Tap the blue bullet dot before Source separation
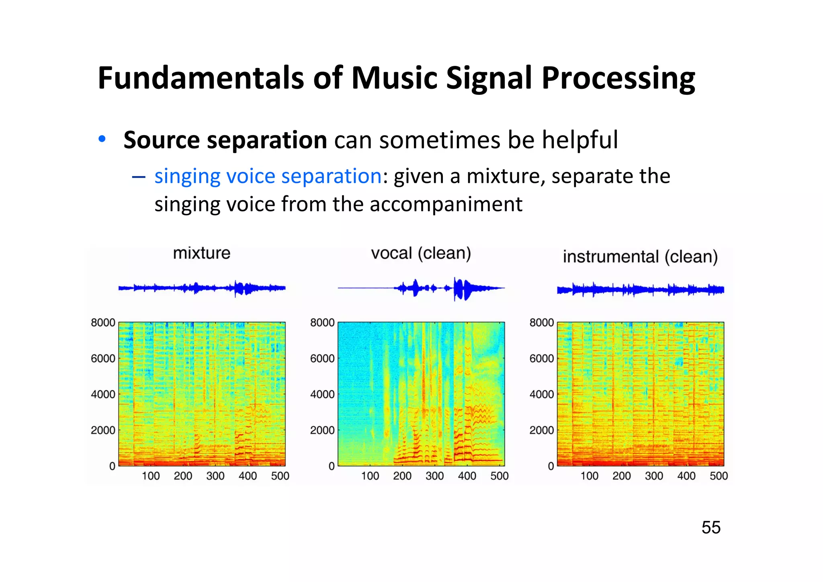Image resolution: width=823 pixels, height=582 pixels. tap(102, 139)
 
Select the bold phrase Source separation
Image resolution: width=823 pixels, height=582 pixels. tap(225, 140)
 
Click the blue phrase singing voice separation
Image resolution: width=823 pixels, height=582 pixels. tap(268, 176)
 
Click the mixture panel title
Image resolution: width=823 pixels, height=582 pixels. tap(201, 253)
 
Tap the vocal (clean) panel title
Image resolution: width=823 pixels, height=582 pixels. tap(421, 253)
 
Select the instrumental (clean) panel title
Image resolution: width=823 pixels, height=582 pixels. tap(640, 256)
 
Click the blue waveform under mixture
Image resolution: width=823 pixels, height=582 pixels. tap(202, 288)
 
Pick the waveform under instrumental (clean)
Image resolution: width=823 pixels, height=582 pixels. tap(640, 289)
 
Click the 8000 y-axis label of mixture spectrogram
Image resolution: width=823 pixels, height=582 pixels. tap(103, 323)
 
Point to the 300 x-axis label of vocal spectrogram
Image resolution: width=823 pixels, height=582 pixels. tap(434, 476)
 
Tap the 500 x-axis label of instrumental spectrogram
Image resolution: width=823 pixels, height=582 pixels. tap(719, 476)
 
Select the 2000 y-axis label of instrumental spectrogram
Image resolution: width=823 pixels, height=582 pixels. tap(541, 430)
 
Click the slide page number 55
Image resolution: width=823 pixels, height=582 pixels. tap(711, 527)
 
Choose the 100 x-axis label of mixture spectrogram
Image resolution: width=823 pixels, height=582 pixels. tap(151, 476)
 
